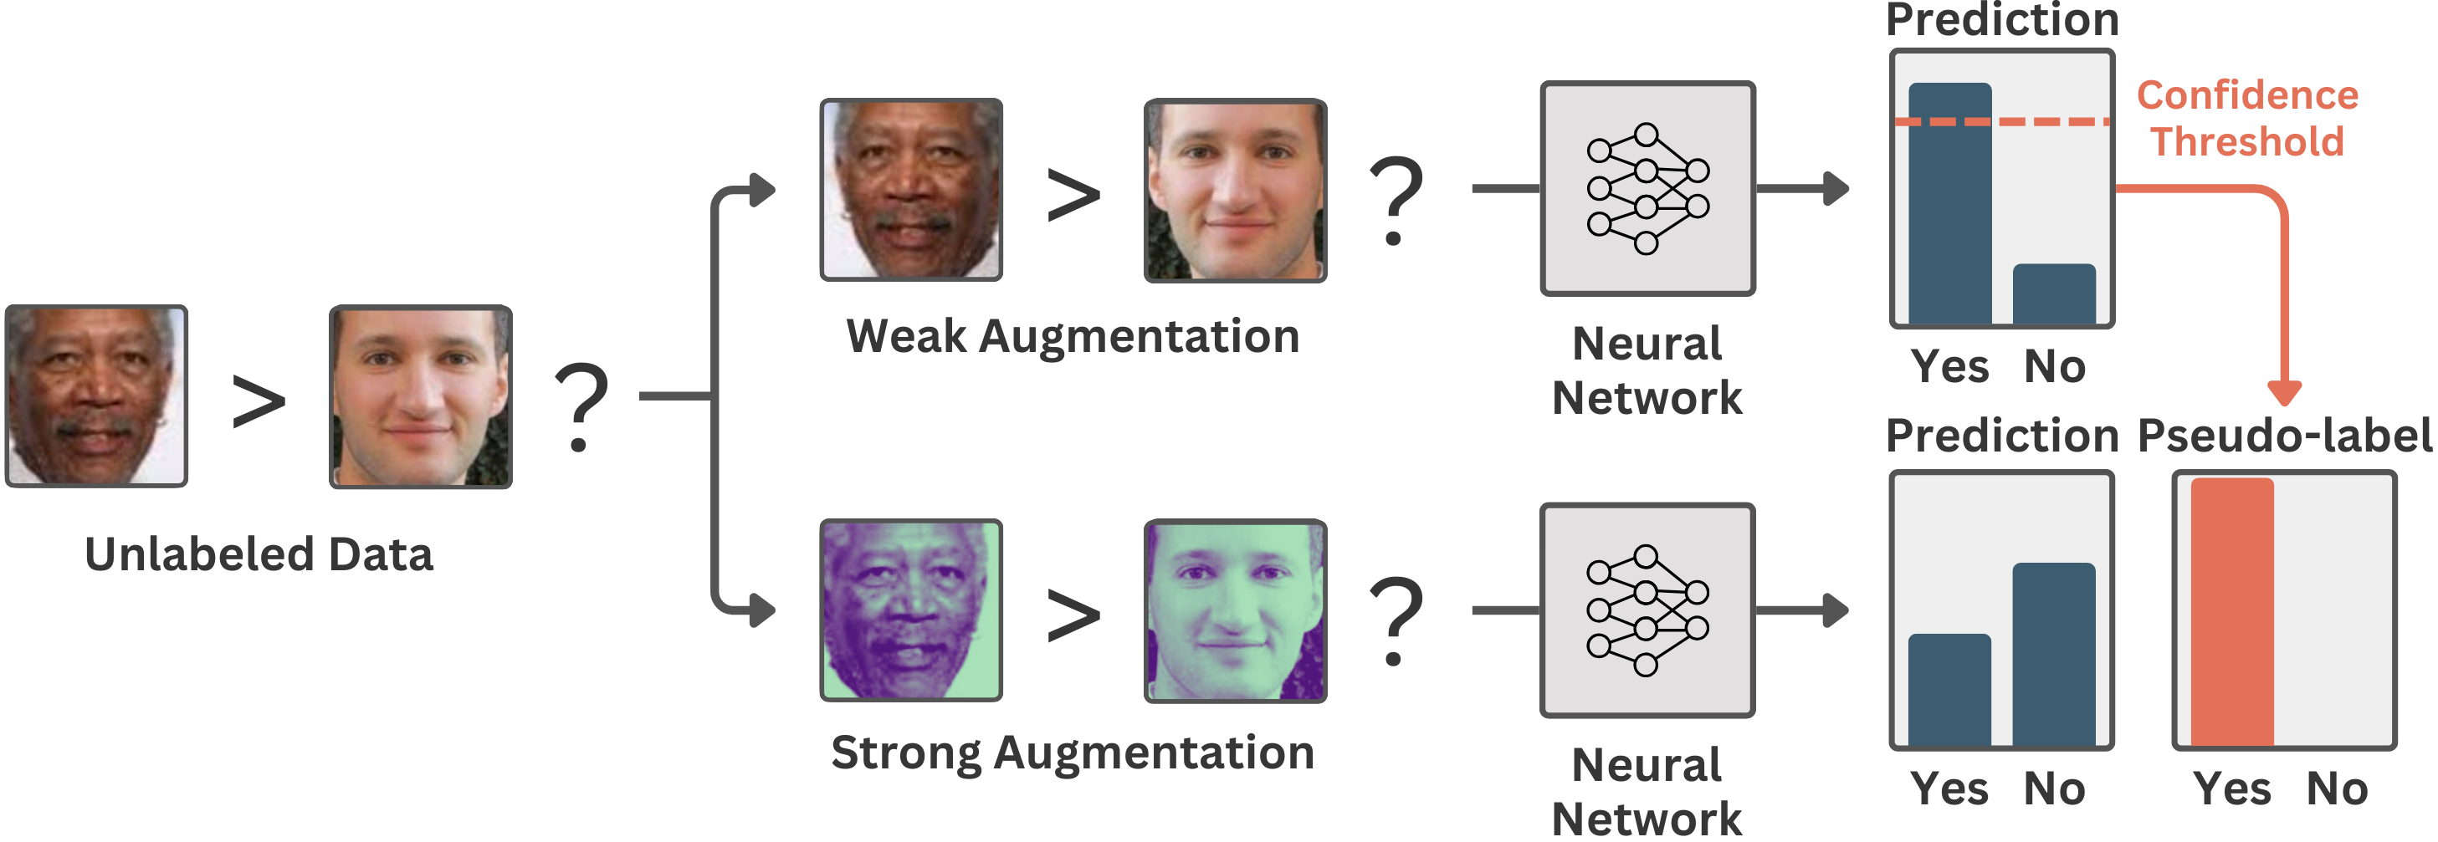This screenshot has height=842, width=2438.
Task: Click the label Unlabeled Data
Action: [x=259, y=554]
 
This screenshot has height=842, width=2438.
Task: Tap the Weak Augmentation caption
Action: [x=1073, y=337]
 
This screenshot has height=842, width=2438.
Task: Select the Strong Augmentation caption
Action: [x=1073, y=754]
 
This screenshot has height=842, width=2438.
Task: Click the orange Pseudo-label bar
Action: [x=2231, y=612]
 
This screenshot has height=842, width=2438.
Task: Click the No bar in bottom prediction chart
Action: [x=2054, y=655]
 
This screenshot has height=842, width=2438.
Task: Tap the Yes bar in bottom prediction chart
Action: [x=1949, y=690]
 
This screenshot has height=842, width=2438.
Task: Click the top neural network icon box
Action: [x=1647, y=188]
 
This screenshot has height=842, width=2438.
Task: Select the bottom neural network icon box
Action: [x=1647, y=610]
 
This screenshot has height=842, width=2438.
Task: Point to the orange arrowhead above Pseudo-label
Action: [x=2285, y=391]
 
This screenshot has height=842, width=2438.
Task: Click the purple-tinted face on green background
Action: [x=910, y=610]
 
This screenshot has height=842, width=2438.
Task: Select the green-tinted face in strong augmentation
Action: [x=1235, y=610]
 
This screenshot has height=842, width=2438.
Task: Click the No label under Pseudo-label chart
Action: [x=2337, y=788]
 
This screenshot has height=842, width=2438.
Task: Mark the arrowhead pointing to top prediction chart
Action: [x=1837, y=188]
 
